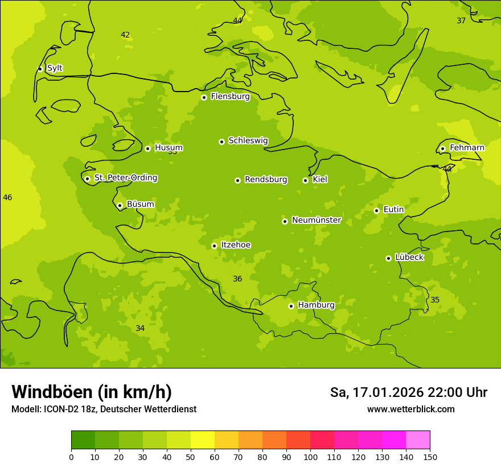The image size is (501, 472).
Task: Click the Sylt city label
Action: click(x=55, y=68)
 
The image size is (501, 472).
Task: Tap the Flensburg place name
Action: click(x=230, y=97)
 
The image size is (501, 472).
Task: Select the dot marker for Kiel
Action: click(x=306, y=180)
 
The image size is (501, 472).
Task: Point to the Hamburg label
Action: click(x=316, y=305)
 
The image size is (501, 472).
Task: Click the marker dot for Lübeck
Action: click(x=389, y=258)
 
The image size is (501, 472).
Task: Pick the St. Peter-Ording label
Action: click(x=125, y=178)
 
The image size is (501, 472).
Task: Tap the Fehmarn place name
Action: click(x=467, y=148)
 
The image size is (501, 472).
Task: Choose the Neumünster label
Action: click(x=316, y=220)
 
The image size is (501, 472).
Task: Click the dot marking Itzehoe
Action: click(x=215, y=246)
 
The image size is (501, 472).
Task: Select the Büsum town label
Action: click(x=140, y=205)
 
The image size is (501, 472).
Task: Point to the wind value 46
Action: click(x=7, y=198)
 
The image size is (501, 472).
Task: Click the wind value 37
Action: click(x=461, y=21)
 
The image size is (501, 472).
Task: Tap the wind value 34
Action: click(x=140, y=329)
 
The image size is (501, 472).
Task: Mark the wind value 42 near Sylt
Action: click(x=125, y=35)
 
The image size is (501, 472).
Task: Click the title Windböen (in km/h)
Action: click(x=92, y=392)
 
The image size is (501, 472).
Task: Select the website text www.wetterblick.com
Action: click(x=410, y=409)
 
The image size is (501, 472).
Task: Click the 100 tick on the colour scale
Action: click(x=310, y=457)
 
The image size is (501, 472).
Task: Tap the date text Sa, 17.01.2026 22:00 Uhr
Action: click(x=408, y=392)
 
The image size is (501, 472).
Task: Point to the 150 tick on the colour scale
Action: click(x=429, y=457)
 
